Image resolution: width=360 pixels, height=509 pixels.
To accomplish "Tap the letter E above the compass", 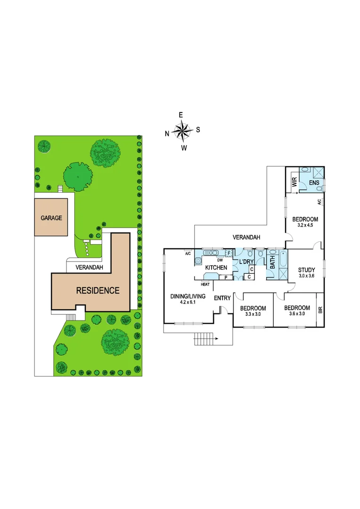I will [180, 115].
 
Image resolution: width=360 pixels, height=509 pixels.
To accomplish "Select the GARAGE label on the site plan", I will [51, 218].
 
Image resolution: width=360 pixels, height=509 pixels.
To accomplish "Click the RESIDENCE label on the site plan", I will [98, 290].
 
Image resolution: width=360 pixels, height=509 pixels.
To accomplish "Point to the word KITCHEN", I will [216, 268].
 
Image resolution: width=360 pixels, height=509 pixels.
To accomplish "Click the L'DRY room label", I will [246, 262].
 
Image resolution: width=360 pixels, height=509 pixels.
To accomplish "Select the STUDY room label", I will [306, 270].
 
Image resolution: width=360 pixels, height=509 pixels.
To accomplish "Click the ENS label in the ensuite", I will [313, 182].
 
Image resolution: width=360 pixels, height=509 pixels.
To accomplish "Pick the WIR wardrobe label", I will [294, 183].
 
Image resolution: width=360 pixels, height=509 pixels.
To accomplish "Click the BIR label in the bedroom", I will [320, 310].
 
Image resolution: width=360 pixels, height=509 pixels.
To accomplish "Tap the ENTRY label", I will [222, 298].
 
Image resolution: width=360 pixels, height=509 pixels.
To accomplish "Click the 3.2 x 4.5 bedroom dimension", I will [305, 226].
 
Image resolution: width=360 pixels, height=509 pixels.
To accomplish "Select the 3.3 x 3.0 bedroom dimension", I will [251, 315].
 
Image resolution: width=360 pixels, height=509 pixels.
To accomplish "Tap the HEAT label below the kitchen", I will [205, 284].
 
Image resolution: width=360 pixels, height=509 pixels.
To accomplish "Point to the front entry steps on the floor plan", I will [204, 338].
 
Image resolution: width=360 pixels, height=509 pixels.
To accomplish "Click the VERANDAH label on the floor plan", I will [245, 238].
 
